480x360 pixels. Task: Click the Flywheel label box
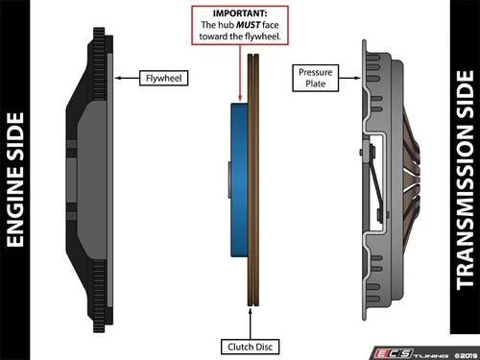pyautogui.click(x=163, y=78)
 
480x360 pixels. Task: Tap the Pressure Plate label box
pyautogui.click(x=315, y=78)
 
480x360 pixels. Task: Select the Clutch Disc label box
pyautogui.click(x=250, y=347)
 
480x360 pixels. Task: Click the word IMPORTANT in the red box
pyautogui.click(x=240, y=13)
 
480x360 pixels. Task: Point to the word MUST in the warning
pyautogui.click(x=249, y=25)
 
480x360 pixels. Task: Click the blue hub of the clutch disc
pyautogui.click(x=239, y=180)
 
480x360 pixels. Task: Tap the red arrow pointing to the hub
pyautogui.click(x=240, y=73)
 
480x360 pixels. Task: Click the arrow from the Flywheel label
pyautogui.click(x=127, y=78)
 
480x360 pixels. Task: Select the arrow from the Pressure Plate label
pyautogui.click(x=349, y=78)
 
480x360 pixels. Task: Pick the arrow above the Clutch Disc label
pyautogui.click(x=250, y=324)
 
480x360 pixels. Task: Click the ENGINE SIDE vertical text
pyautogui.click(x=15, y=180)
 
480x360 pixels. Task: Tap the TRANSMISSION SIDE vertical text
pyautogui.click(x=465, y=180)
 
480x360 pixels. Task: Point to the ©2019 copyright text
pyautogui.click(x=466, y=355)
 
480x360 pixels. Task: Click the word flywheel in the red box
pyautogui.click(x=262, y=36)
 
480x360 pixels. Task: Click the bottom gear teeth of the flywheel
pyautogui.click(x=99, y=296)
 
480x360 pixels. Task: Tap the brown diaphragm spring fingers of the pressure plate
pyautogui.click(x=410, y=180)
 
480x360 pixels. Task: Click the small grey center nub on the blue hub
pyautogui.click(x=229, y=180)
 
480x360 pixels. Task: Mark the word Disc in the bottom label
pyautogui.click(x=264, y=347)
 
